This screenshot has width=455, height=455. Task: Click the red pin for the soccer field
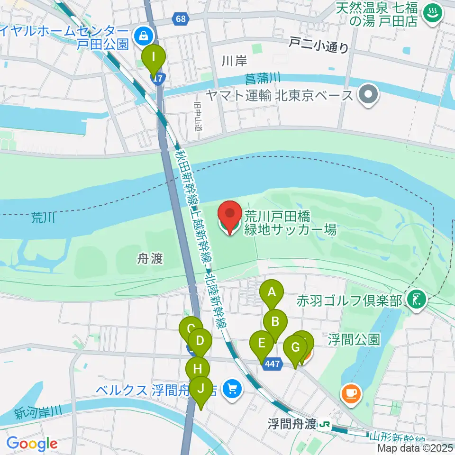pos(230,217)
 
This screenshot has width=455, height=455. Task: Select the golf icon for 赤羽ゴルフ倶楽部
pos(417,300)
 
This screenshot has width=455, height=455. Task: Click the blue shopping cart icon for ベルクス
pos(232,390)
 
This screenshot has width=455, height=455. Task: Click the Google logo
pos(31,444)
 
